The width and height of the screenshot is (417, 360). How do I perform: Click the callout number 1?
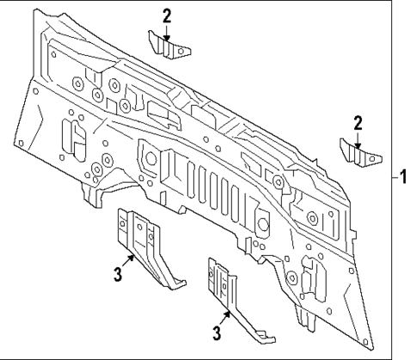pyautogui.click(x=405, y=177)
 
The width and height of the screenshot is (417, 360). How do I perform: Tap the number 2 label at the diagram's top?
pyautogui.click(x=167, y=15)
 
